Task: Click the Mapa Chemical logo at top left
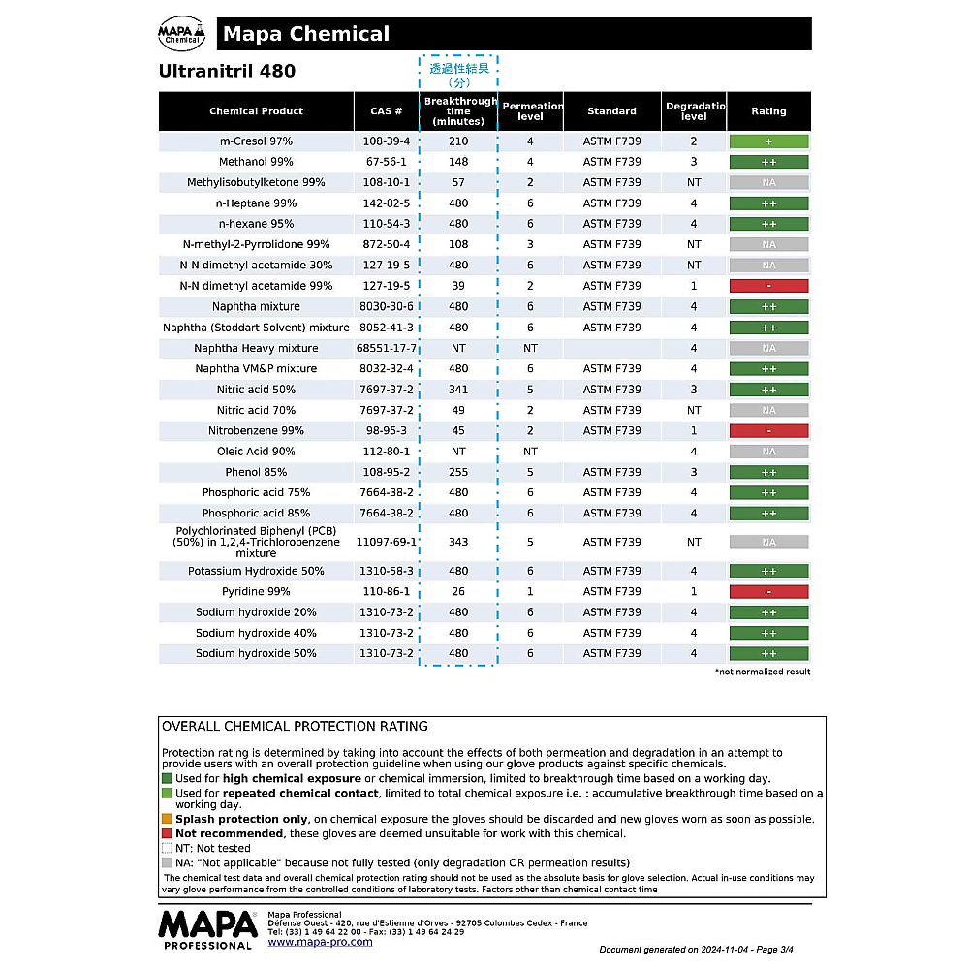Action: (181, 35)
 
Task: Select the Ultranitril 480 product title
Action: (227, 71)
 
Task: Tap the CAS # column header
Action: (386, 111)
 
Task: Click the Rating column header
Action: (768, 111)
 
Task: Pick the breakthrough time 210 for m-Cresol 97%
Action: (458, 141)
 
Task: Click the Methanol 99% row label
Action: (256, 162)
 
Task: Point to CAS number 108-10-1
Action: (386, 182)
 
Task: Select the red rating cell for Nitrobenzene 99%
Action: (768, 431)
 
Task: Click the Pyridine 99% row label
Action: (256, 591)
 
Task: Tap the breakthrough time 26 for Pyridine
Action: (458, 591)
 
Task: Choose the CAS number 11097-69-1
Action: (386, 542)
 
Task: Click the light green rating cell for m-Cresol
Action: (768, 141)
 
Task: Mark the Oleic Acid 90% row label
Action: (256, 452)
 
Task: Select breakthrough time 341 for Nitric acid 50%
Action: (458, 390)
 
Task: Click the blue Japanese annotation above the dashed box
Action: (459, 75)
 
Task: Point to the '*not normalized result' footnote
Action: (763, 672)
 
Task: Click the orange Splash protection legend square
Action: (167, 819)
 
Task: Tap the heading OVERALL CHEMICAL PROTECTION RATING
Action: (295, 726)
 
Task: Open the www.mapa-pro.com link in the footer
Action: (320, 942)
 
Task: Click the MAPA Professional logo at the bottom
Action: (207, 928)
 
